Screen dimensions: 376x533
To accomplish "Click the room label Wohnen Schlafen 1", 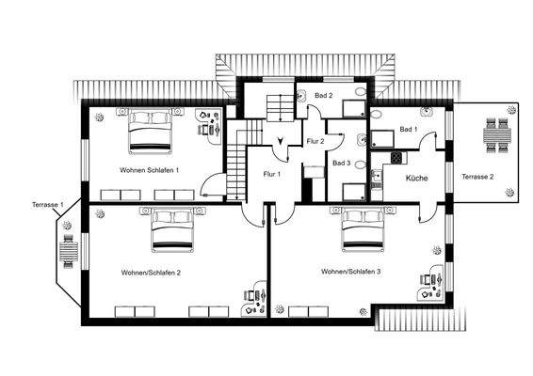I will (150, 170).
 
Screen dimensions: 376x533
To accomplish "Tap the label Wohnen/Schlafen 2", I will (151, 272).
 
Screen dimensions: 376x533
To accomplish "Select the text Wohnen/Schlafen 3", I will (350, 272).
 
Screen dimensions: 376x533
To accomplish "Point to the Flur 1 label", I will (271, 175).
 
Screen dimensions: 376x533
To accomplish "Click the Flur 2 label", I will (315, 141).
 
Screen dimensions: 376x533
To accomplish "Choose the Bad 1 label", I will (408, 128).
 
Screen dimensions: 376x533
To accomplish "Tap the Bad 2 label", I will (324, 95).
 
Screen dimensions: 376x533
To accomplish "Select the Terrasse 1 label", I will (48, 204).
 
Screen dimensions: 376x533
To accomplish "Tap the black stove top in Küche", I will (396, 156).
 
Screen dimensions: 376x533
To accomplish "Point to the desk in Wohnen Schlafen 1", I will (207, 126).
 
